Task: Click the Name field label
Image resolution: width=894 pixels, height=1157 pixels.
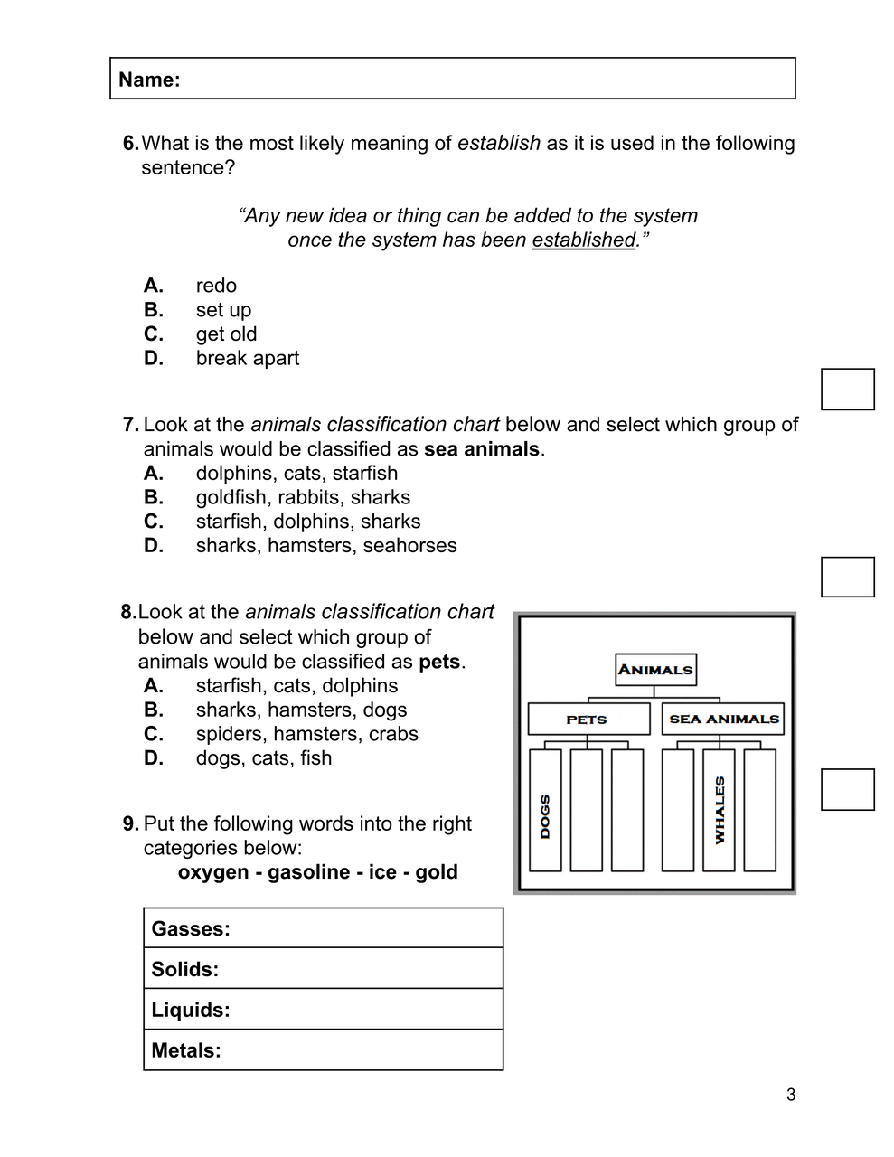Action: (149, 80)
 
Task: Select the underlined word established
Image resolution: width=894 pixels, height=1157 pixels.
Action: (583, 240)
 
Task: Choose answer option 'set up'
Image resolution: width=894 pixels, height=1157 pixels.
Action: (223, 310)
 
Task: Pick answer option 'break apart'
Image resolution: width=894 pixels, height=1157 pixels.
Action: (247, 358)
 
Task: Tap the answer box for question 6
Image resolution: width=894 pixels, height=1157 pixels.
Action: (847, 390)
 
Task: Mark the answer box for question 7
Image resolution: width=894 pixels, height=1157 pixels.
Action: (847, 578)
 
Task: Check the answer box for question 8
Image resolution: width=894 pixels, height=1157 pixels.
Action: (847, 789)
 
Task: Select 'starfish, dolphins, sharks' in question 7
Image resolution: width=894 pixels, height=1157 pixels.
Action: (307, 522)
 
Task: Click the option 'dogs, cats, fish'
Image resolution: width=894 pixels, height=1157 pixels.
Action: (263, 758)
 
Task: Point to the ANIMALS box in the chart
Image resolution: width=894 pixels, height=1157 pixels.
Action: (655, 670)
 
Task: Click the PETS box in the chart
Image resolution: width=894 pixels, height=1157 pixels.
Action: (588, 720)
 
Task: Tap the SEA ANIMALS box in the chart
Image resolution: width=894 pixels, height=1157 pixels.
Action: (723, 720)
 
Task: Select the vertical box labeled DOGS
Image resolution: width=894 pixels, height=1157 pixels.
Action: (545, 811)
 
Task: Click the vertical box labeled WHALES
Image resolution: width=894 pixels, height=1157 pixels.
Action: (719, 811)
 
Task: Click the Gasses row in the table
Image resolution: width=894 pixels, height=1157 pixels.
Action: (323, 928)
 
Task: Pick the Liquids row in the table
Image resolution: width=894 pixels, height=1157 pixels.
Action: (323, 1010)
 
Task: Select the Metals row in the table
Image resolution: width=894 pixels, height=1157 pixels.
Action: (323, 1050)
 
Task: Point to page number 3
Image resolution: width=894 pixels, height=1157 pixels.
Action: (791, 1096)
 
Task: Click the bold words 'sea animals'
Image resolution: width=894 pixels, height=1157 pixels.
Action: (481, 449)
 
